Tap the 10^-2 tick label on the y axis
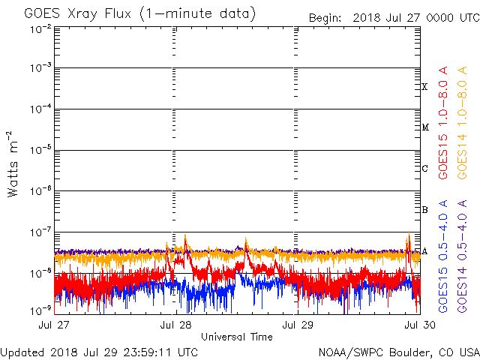coord(40,28)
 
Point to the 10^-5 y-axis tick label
coord(40,151)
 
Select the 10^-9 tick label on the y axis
coord(40,310)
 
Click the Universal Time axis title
coord(236,337)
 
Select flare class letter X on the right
coord(424,87)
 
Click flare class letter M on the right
coord(424,127)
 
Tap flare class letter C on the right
coord(424,169)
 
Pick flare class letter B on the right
coord(424,210)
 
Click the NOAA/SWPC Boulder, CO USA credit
coord(398,351)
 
